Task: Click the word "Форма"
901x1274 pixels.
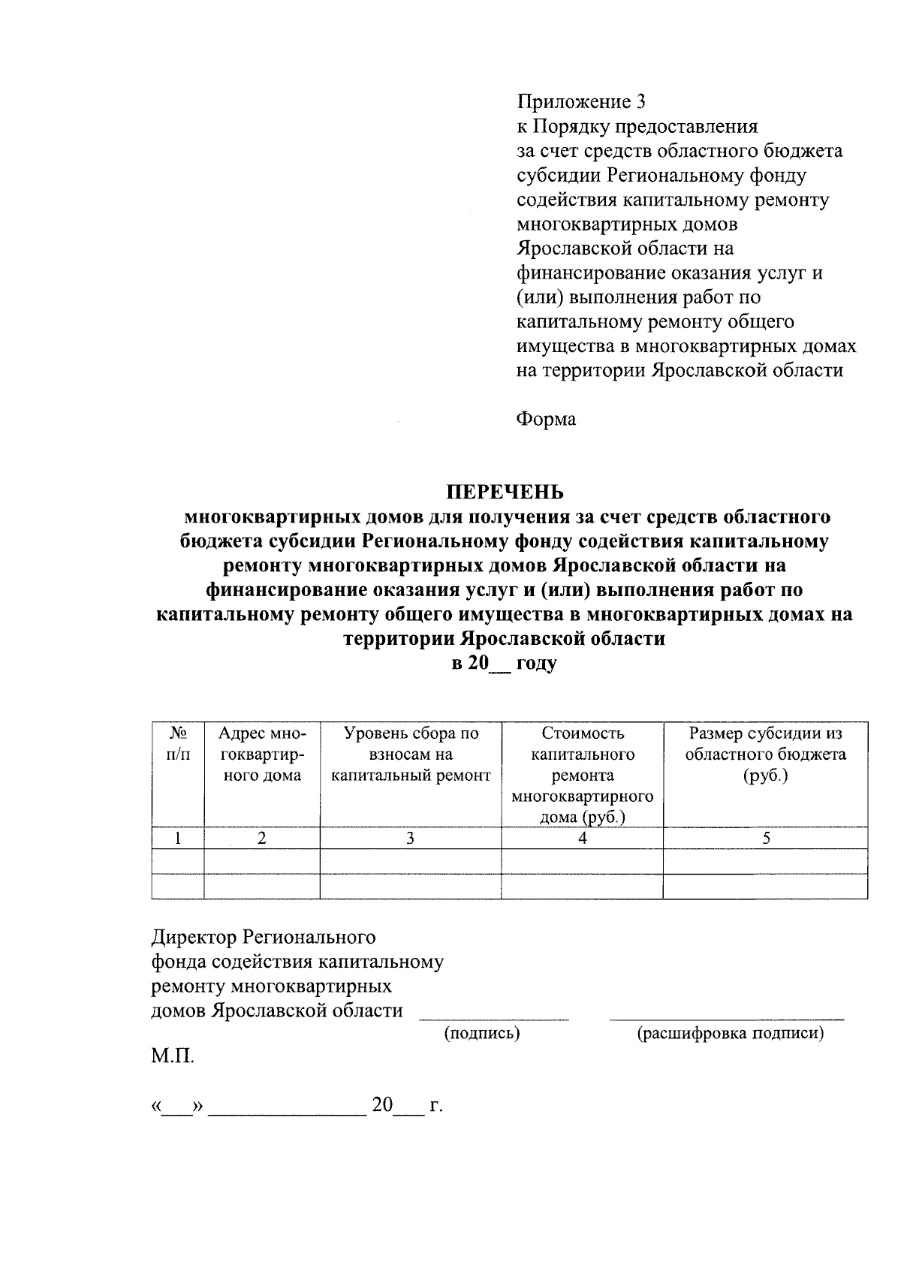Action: pos(546,419)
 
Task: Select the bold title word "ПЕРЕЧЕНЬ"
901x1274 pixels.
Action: pos(505,492)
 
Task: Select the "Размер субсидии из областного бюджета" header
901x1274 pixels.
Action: pos(765,754)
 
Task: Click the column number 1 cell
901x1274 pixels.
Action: pos(178,839)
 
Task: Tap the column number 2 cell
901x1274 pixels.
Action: pos(262,839)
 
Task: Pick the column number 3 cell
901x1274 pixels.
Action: pos(411,839)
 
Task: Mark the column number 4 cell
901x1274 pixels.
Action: pos(582,839)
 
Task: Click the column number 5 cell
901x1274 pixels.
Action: pos(765,839)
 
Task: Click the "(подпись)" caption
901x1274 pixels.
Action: pos(482,1034)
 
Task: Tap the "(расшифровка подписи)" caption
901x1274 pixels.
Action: pos(730,1034)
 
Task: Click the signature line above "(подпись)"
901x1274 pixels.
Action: pos(493,1019)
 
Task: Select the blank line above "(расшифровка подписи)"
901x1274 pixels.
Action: pos(726,1019)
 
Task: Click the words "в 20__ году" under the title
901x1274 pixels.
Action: pos(504,664)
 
